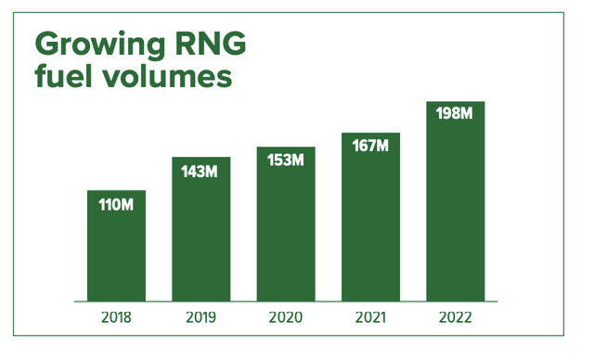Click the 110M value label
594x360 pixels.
click(116, 204)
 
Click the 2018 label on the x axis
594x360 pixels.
click(116, 317)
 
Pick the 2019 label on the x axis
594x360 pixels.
click(200, 317)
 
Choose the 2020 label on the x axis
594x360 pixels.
click(286, 317)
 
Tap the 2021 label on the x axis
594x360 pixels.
click(370, 317)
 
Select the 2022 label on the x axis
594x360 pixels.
click(456, 317)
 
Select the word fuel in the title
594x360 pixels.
click(62, 77)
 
